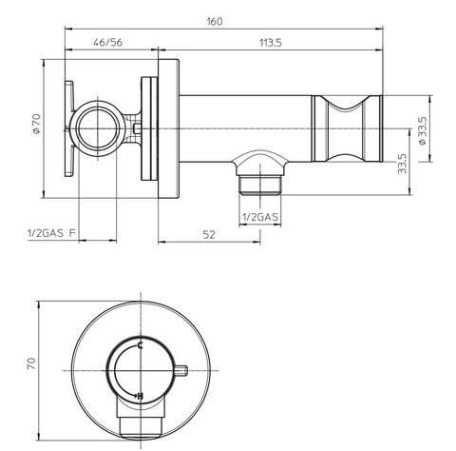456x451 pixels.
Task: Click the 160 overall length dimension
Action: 215,22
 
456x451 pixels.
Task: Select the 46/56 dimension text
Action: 107,43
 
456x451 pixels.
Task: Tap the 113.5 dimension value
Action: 271,43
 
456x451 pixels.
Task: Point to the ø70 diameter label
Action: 37,123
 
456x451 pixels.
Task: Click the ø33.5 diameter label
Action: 423,131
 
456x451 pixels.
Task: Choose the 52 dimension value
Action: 209,235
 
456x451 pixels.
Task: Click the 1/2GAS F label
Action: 51,233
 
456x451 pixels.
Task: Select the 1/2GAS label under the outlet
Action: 260,218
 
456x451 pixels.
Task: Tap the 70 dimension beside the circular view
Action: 31,363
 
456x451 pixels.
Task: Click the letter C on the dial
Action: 141,345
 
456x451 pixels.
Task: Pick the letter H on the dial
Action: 141,396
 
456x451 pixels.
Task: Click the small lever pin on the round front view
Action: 180,370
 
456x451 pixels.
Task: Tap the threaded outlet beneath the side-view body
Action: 260,185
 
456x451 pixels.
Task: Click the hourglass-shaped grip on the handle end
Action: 347,128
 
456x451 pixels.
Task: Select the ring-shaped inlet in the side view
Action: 98,128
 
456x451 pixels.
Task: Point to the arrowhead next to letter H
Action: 135,396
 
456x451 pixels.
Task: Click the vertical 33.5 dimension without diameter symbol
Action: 402,164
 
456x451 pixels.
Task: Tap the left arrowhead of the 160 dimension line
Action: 68,29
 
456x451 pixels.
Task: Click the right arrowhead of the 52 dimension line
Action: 256,242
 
